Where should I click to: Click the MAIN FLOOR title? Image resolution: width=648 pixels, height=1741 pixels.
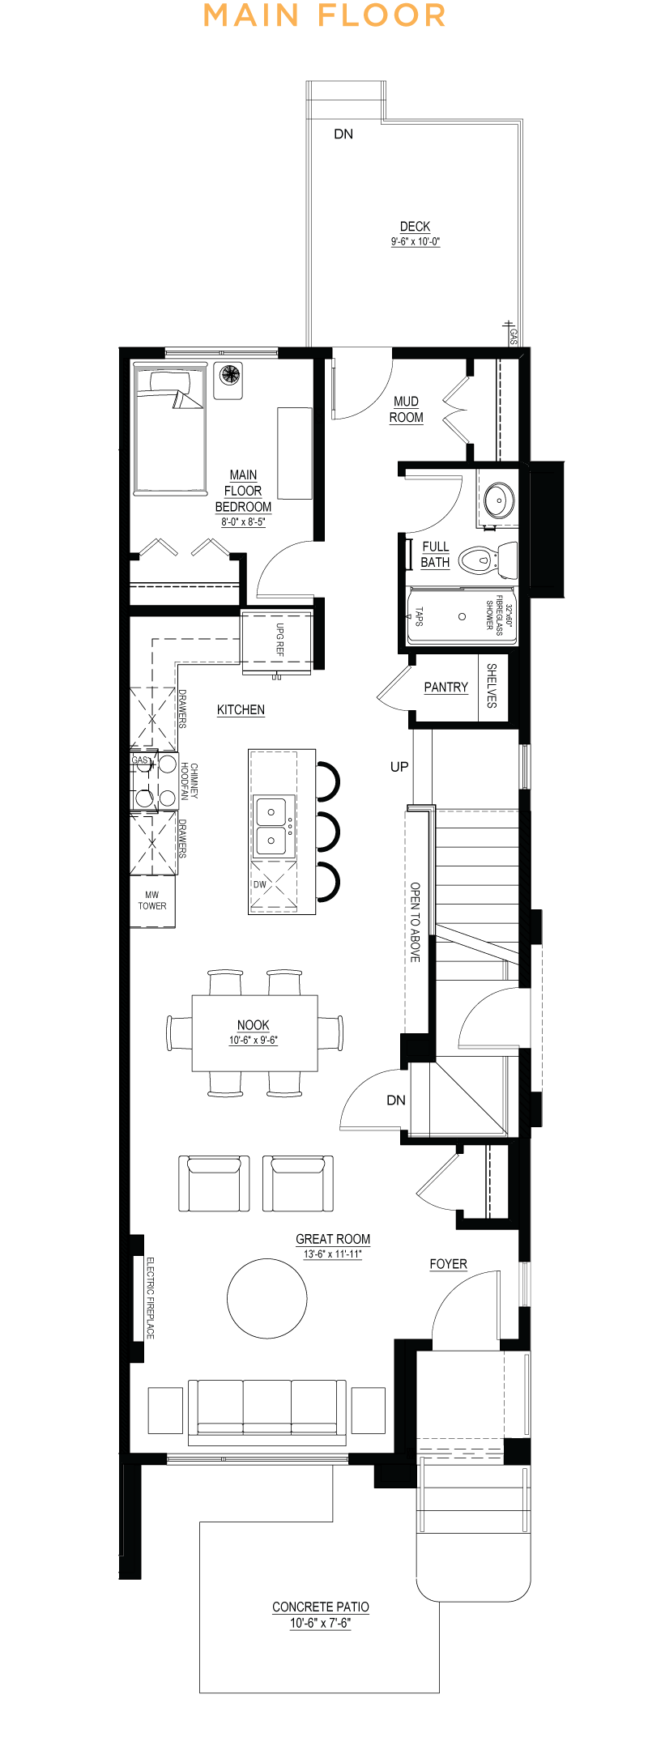pyautogui.click(x=324, y=15)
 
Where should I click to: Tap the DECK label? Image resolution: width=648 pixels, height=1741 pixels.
pyautogui.click(x=415, y=227)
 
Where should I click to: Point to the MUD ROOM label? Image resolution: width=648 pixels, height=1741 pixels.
pyautogui.click(x=407, y=409)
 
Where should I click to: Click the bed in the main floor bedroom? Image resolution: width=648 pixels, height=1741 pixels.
pyautogui.click(x=169, y=430)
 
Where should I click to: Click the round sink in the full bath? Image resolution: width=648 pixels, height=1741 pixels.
pyautogui.click(x=498, y=500)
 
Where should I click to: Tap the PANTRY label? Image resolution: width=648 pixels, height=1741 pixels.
pyautogui.click(x=446, y=687)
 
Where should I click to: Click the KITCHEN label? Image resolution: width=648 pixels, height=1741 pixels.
pyautogui.click(x=241, y=709)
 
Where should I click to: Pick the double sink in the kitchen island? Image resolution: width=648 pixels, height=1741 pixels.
pyautogui.click(x=271, y=826)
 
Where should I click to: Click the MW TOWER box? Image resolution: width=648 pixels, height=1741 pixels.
pyautogui.click(x=152, y=900)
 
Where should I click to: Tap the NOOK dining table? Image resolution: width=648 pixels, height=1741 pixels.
pyautogui.click(x=254, y=1032)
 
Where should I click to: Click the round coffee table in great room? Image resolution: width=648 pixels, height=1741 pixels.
pyautogui.click(x=267, y=1298)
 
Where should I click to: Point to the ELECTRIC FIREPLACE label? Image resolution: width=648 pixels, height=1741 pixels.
pyautogui.click(x=150, y=1297)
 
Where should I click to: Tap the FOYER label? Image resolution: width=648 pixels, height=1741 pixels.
pyautogui.click(x=448, y=1264)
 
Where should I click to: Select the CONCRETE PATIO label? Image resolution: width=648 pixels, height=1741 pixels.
pyautogui.click(x=321, y=1607)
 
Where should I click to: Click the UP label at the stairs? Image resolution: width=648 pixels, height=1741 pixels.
pyautogui.click(x=399, y=766)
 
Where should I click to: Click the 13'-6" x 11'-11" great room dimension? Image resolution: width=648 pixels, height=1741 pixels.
pyautogui.click(x=333, y=1254)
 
